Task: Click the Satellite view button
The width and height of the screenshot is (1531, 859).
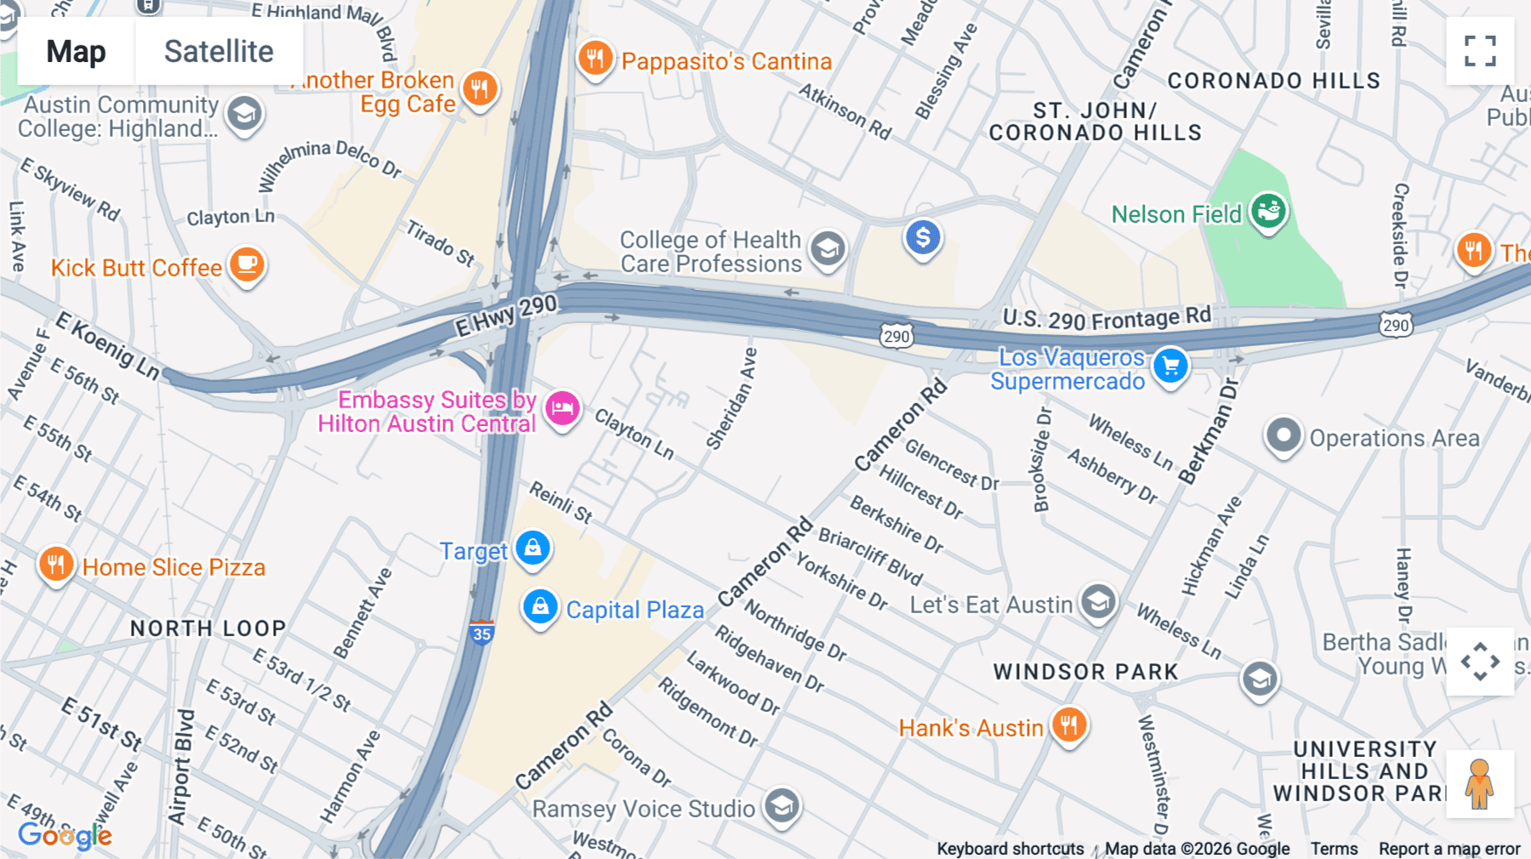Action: pyautogui.click(x=219, y=52)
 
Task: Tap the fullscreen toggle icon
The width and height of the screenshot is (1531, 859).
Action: pyautogui.click(x=1480, y=51)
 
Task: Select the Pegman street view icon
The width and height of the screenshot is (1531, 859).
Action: pyautogui.click(x=1480, y=784)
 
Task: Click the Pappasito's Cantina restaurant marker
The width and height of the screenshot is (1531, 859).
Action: pyautogui.click(x=595, y=59)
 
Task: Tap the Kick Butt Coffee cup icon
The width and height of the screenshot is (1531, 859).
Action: pyautogui.click(x=247, y=265)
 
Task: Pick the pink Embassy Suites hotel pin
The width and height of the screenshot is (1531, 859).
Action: pyautogui.click(x=562, y=409)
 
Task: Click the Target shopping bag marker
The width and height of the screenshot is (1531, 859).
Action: pyautogui.click(x=533, y=549)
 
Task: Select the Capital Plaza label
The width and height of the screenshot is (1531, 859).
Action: pyautogui.click(x=635, y=610)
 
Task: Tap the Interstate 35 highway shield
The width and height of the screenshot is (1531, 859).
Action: pyautogui.click(x=481, y=632)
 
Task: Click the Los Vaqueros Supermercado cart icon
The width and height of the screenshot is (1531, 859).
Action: pyautogui.click(x=1170, y=366)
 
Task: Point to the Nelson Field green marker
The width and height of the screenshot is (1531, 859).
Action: pyautogui.click(x=1268, y=211)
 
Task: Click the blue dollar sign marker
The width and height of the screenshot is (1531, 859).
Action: pyautogui.click(x=923, y=238)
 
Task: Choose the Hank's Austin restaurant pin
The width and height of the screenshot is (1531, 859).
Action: pyautogui.click(x=1069, y=725)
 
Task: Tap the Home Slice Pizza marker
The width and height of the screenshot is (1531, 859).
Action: pyautogui.click(x=56, y=565)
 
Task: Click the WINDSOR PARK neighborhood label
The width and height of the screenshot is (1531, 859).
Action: pyautogui.click(x=1085, y=672)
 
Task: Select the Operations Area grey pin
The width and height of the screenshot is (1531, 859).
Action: pyautogui.click(x=1283, y=436)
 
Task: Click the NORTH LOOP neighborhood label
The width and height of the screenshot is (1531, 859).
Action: pyautogui.click(x=208, y=629)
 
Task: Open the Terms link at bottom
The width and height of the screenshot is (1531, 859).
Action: pyautogui.click(x=1334, y=849)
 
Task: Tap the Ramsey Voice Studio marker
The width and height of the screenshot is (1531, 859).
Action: pyautogui.click(x=782, y=806)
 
